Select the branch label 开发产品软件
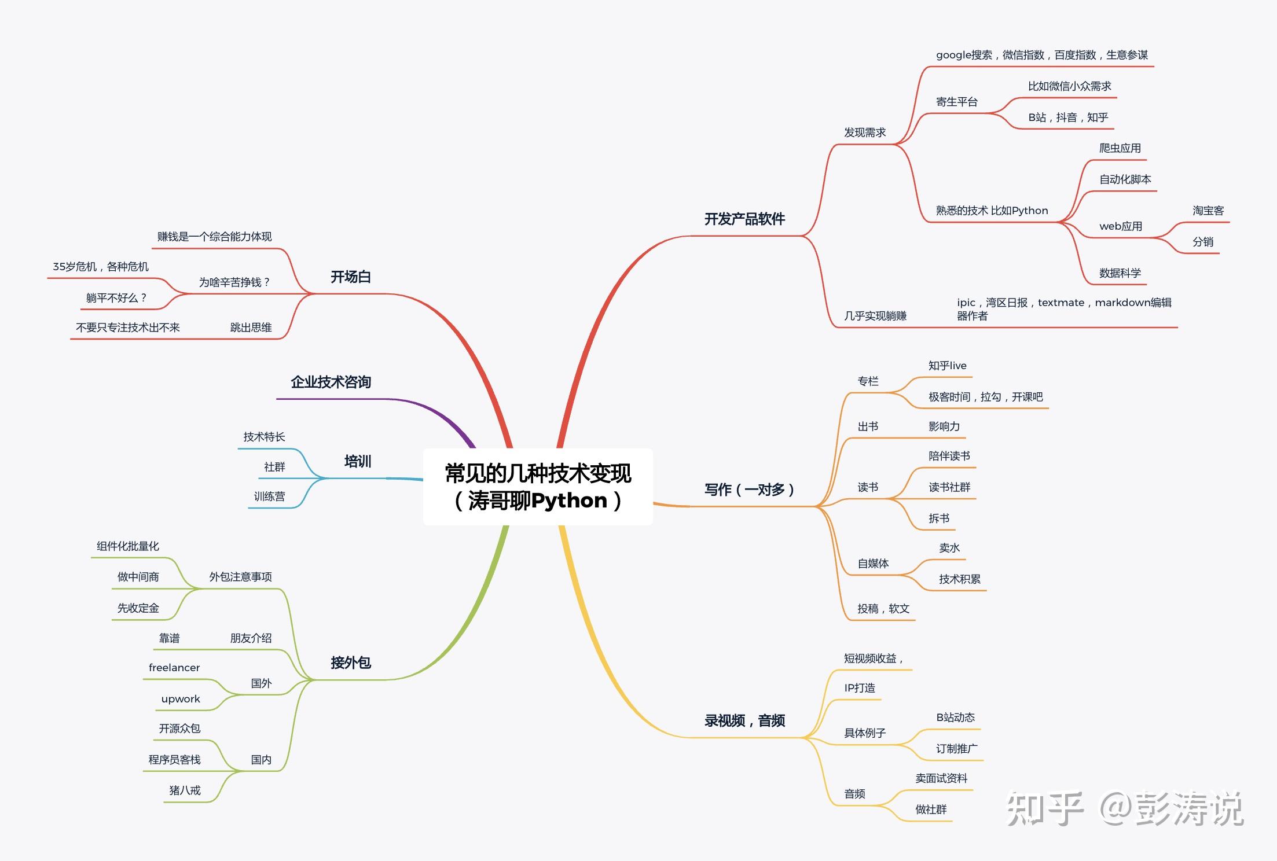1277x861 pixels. click(x=744, y=219)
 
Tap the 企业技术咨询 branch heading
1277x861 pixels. click(x=331, y=382)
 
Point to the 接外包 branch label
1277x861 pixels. click(x=350, y=663)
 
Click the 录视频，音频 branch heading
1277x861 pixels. click(x=744, y=721)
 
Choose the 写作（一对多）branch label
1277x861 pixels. click(x=749, y=490)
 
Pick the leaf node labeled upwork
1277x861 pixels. click(x=181, y=699)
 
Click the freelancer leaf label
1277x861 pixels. click(x=174, y=668)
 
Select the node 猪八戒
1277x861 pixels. click(x=185, y=790)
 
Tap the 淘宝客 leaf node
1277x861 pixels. click(x=1208, y=211)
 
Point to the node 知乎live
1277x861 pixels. click(x=947, y=366)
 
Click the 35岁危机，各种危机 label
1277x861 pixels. click(x=101, y=267)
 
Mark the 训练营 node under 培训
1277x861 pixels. click(x=269, y=496)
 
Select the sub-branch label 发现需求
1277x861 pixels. click(x=865, y=133)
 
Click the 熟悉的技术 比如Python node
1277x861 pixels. click(x=992, y=211)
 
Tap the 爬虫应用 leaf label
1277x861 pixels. click(x=1120, y=148)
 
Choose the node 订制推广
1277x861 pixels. click(x=956, y=749)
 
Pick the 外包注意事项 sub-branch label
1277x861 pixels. click(x=240, y=577)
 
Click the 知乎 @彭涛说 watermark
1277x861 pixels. click(x=1124, y=809)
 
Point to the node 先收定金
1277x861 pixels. click(x=138, y=608)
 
